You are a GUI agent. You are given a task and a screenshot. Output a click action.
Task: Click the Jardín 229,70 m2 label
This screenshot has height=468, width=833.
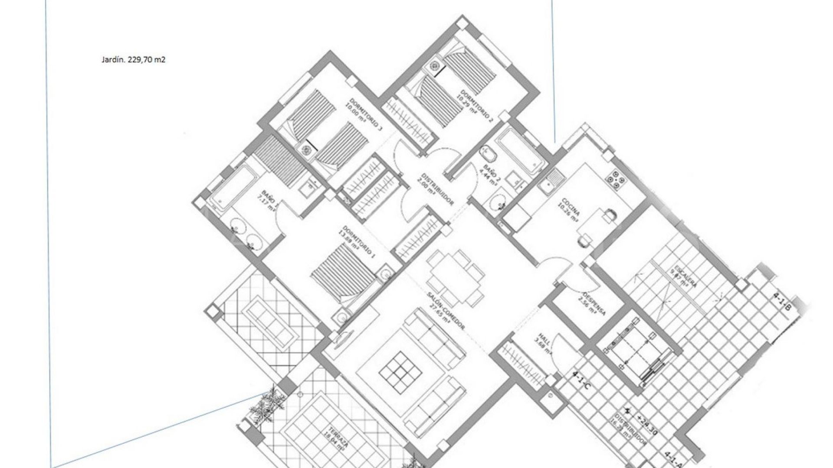133,60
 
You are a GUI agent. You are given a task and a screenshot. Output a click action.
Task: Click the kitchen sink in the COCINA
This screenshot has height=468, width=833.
554,177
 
